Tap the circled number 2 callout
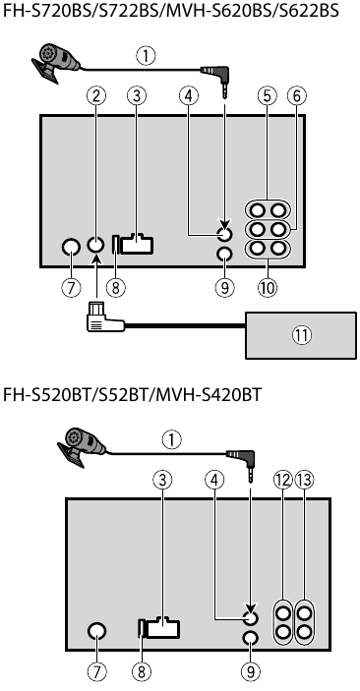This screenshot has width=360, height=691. tap(95, 96)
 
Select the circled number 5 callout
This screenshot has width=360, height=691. tap(267, 96)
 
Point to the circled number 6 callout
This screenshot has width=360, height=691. tap(296, 96)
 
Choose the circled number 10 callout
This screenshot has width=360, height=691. tap(268, 288)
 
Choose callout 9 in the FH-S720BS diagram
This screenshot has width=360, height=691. tap(225, 288)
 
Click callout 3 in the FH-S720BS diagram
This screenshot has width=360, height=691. tap(137, 96)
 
